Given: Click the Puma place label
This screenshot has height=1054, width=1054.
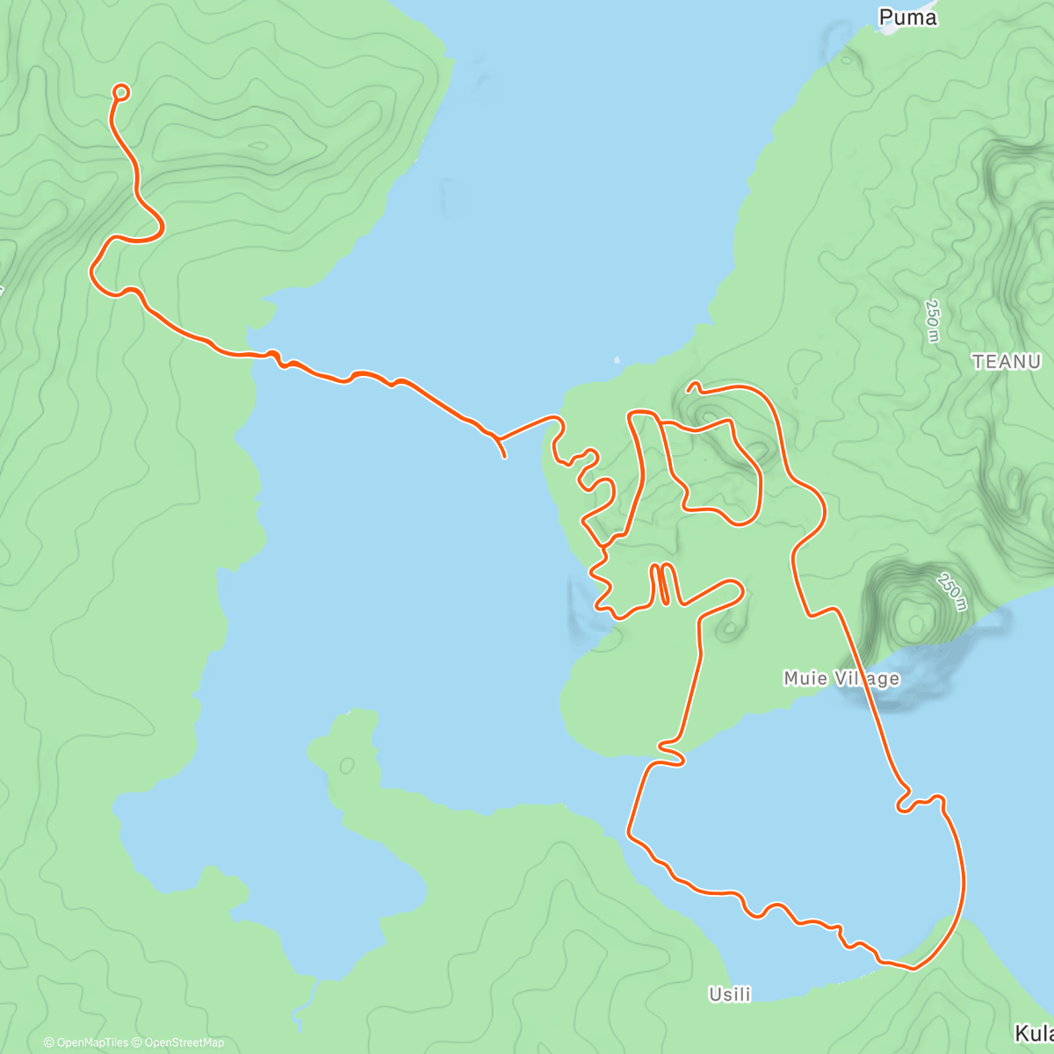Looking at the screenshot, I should click(x=907, y=17).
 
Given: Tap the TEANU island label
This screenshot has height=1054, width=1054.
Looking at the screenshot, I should click(x=1006, y=361).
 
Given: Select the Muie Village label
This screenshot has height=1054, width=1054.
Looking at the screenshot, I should click(x=841, y=678).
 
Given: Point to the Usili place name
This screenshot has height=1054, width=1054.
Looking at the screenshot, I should click(x=730, y=993).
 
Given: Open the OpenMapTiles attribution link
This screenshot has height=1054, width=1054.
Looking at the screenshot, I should click(x=85, y=1043).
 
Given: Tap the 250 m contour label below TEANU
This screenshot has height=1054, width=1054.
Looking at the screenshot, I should click(x=932, y=321).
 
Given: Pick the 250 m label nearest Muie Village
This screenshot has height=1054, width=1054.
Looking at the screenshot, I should click(x=951, y=591).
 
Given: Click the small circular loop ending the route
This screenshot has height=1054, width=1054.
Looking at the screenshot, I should click(x=121, y=92).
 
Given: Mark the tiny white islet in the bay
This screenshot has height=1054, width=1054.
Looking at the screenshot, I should click(x=616, y=359).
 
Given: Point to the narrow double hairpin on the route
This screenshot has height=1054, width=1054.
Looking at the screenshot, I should click(x=664, y=584).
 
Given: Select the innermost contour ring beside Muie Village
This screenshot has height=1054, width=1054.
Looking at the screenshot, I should click(x=918, y=623).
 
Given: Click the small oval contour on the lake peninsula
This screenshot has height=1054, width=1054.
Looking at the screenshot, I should click(x=347, y=765).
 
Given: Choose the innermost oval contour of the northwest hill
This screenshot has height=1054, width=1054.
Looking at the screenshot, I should click(x=259, y=148).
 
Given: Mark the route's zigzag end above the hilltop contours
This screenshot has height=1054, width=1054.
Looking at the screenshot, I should click(x=693, y=386).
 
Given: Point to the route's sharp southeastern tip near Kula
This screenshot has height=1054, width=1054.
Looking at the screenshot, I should click(x=913, y=968).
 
